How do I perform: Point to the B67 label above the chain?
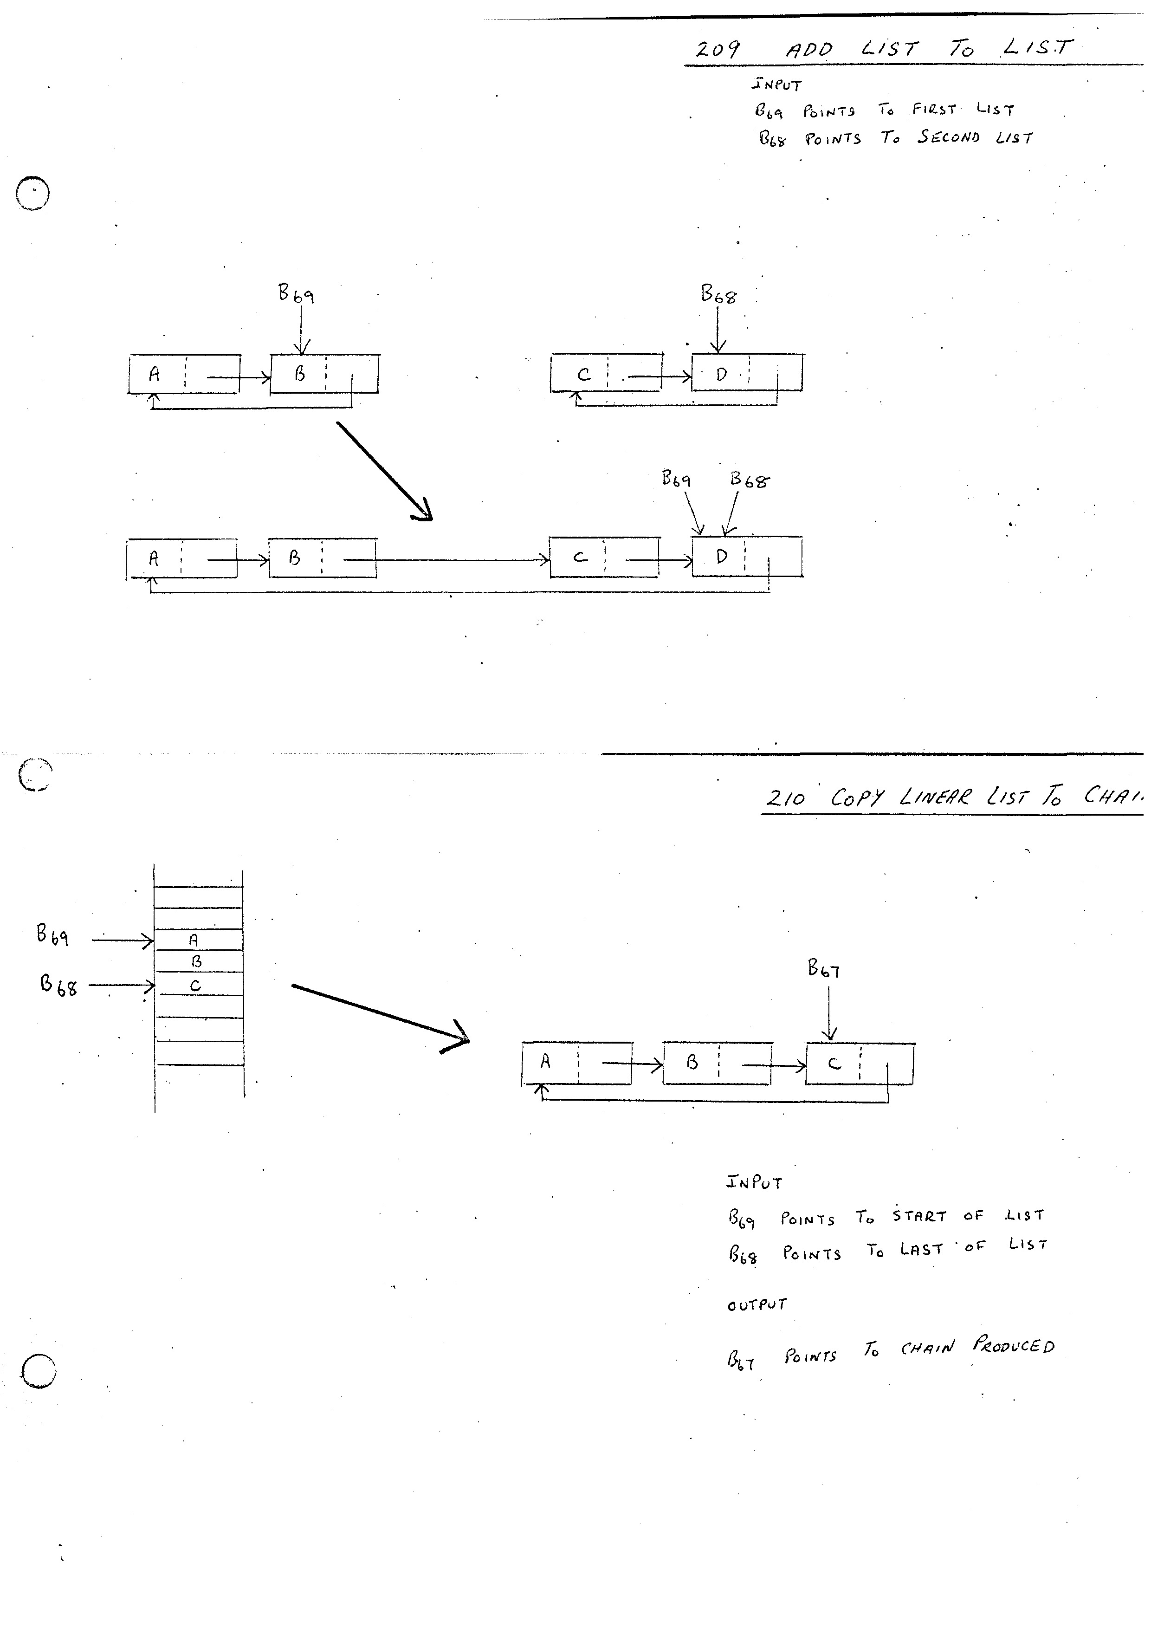tap(823, 968)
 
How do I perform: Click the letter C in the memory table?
tap(195, 986)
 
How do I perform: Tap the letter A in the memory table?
tap(194, 940)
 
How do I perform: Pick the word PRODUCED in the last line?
tap(1014, 1345)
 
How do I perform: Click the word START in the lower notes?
tap(919, 1216)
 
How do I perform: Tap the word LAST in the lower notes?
tap(921, 1249)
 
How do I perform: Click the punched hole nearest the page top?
tap(32, 193)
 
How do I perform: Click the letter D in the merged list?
tap(722, 557)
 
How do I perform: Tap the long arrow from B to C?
tap(446, 560)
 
